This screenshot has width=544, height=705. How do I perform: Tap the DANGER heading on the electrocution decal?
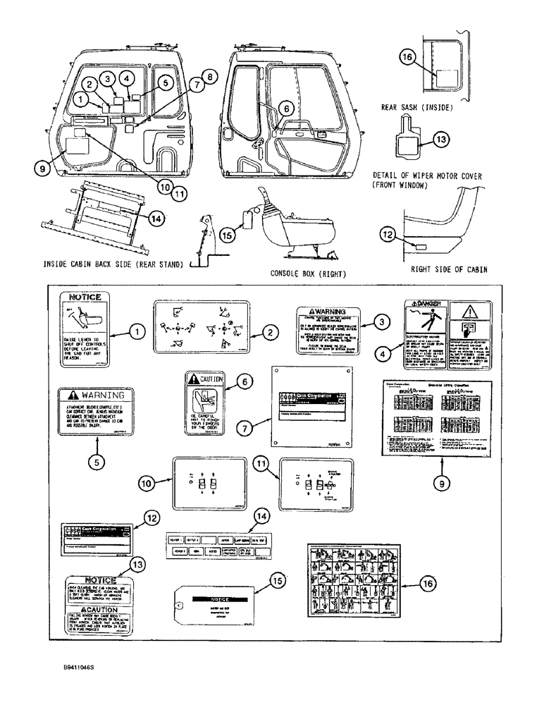pyautogui.click(x=427, y=305)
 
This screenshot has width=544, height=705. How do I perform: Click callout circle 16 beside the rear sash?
pyautogui.click(x=408, y=59)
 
